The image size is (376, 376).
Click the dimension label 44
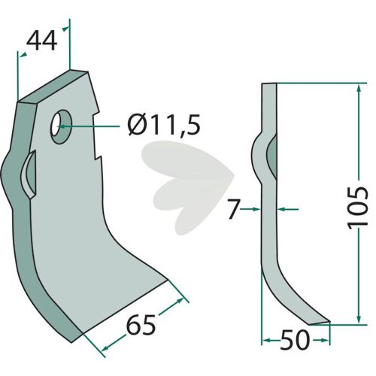pos(42,41)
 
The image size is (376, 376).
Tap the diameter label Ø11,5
pos(164,124)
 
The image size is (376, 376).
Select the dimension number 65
pos(141,325)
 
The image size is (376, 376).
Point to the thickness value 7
pos(234,209)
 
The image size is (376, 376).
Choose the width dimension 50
pos(295,340)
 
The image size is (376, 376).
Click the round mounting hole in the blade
pos(61,126)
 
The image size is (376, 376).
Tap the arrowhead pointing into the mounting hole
pos(62,126)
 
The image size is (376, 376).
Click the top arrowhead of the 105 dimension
pos(359,89)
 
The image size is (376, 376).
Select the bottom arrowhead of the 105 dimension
pos(359,318)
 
